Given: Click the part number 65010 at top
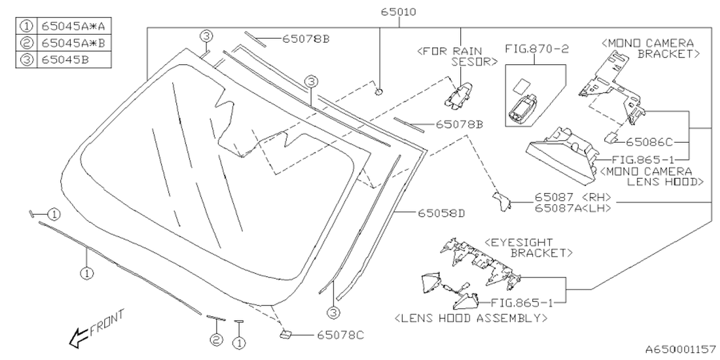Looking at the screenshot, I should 398,11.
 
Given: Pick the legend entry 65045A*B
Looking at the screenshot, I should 72,43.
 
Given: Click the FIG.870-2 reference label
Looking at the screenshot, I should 537,49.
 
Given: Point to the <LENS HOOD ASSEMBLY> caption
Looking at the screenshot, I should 471,318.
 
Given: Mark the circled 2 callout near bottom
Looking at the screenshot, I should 216,339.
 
